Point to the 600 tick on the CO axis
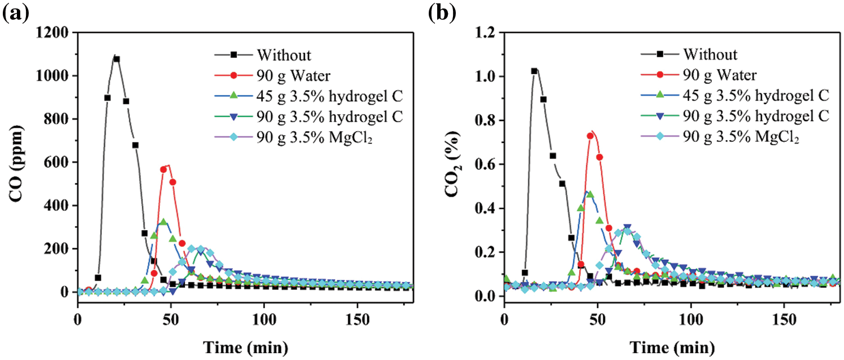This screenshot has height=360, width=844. click(x=58, y=163)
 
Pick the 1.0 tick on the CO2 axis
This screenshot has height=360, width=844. click(x=487, y=76)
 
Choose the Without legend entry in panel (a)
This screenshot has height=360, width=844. click(x=284, y=55)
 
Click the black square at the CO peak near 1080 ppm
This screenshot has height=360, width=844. click(x=116, y=59)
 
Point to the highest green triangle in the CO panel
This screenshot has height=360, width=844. click(x=164, y=222)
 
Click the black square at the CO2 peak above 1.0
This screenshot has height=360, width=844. click(x=535, y=71)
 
